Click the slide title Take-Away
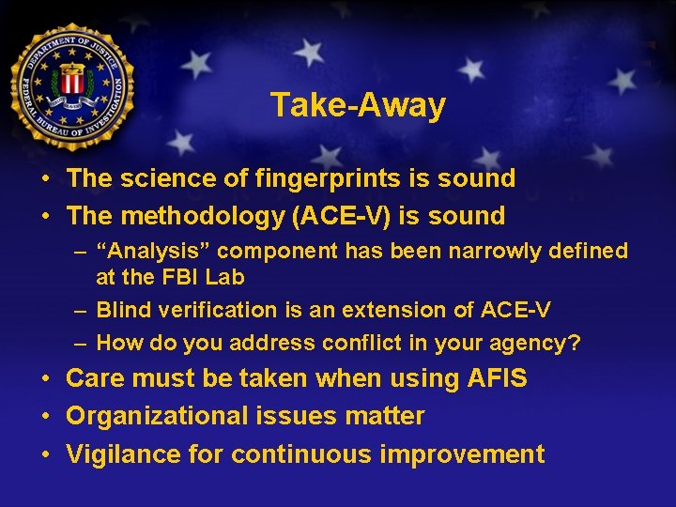[358, 105]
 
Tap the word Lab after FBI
[225, 278]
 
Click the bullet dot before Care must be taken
[45, 379]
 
